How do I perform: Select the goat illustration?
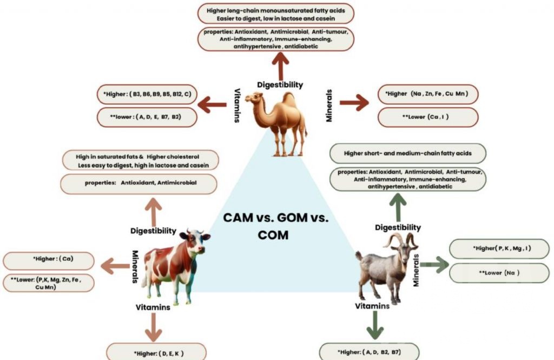click(x=387, y=268)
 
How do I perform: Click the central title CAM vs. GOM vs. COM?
click(x=276, y=227)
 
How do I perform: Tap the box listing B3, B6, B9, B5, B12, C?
click(x=146, y=94)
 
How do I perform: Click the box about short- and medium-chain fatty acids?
click(x=407, y=154)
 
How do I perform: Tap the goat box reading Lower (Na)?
click(x=491, y=273)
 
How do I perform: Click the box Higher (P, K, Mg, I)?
click(x=491, y=249)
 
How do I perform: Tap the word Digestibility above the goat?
click(x=398, y=228)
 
